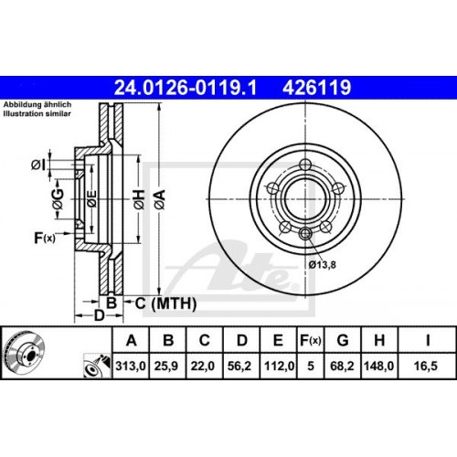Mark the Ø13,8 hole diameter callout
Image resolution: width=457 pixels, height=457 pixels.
(x=322, y=265)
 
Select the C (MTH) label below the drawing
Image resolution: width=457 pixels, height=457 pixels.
(x=154, y=303)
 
